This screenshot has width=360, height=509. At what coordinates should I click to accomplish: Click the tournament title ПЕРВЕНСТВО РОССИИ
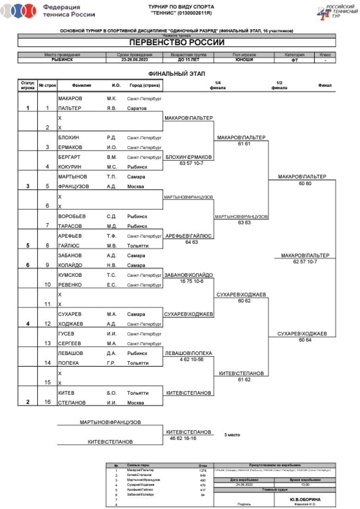pyautogui.click(x=177, y=43)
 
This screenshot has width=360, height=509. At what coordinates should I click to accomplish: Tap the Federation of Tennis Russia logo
pyautogui.click(x=48, y=11)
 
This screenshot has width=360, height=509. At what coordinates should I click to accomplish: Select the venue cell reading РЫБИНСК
pyautogui.click(x=62, y=60)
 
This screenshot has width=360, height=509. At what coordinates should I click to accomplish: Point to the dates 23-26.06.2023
pyautogui.click(x=134, y=60)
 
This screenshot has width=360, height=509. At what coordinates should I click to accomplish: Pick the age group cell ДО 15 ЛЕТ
pyautogui.click(x=187, y=60)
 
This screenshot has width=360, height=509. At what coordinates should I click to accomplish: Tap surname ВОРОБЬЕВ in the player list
pyautogui.click(x=71, y=216)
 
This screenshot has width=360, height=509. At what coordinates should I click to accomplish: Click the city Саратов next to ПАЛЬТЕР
pyautogui.click(x=137, y=108)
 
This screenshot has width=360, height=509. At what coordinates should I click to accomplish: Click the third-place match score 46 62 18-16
pyautogui.click(x=183, y=438)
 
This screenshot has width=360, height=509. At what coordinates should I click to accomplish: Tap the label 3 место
pyautogui.click(x=232, y=435)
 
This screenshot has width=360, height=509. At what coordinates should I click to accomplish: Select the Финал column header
pyautogui.click(x=324, y=85)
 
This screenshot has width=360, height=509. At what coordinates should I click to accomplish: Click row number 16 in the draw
pyautogui.click(x=48, y=402)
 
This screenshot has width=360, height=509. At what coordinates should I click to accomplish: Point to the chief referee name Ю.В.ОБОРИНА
pyautogui.click(x=305, y=499)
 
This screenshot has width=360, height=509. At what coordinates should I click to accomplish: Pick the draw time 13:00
pyautogui.click(x=305, y=485)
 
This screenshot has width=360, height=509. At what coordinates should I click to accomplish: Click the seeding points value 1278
pyautogui.click(x=203, y=470)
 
